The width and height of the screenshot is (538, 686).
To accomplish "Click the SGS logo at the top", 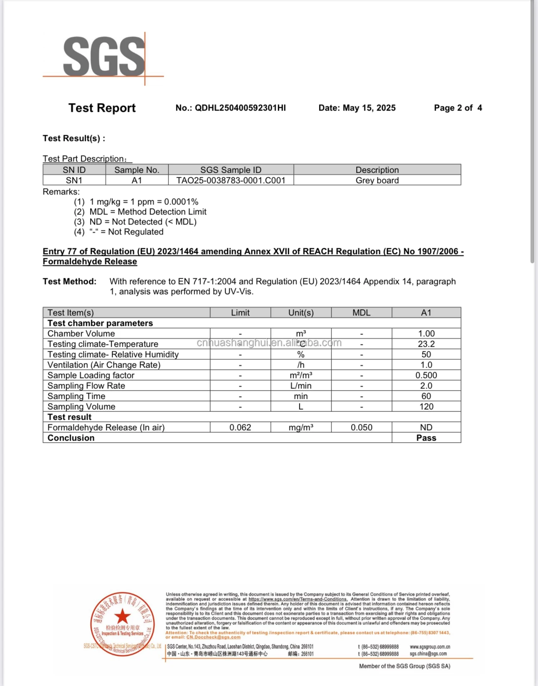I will [x=103, y=57].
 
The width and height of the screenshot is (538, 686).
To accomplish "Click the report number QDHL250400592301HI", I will [x=240, y=108].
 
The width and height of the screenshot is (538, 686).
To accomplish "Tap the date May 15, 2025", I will [x=369, y=108].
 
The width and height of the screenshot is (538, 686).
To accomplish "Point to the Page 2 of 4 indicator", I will [x=458, y=108].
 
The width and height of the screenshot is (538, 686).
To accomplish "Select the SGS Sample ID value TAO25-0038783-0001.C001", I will [x=231, y=180].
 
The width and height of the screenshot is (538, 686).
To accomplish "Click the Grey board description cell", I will [x=377, y=180].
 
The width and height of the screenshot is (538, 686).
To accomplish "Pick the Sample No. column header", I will [x=137, y=170].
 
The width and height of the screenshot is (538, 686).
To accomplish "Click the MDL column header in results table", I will [x=361, y=313].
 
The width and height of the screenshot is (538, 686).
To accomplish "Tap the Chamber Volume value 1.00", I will [x=426, y=333].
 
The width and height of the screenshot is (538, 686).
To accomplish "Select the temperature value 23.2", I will [x=426, y=344].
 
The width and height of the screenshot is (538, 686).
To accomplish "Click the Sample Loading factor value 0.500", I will [x=426, y=375].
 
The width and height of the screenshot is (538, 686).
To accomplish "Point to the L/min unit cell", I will [x=301, y=386].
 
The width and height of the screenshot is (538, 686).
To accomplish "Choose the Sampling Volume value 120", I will [x=426, y=406].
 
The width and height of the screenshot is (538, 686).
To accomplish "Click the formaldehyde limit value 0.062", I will [x=240, y=427].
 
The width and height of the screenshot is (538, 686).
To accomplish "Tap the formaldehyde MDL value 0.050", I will [x=361, y=427].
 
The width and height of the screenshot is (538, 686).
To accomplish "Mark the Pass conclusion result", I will [x=426, y=438].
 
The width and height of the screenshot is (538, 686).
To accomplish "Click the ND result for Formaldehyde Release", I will [x=426, y=427].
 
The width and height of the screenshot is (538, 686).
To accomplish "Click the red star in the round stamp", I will [x=122, y=616].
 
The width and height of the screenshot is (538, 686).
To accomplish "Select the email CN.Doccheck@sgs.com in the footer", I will [x=213, y=637].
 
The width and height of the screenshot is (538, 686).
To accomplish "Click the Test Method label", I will [x=69, y=282].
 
